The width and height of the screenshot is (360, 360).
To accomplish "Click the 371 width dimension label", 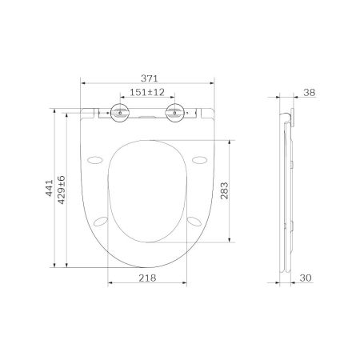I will (x=148, y=78).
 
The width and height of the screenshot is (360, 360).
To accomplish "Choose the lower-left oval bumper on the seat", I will (x=102, y=219).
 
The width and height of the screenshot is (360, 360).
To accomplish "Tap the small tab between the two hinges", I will (x=147, y=117).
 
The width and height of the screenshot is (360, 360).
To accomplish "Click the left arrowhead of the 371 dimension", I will (x=84, y=85).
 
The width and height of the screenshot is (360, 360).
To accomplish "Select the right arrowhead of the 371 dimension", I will (x=214, y=85).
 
